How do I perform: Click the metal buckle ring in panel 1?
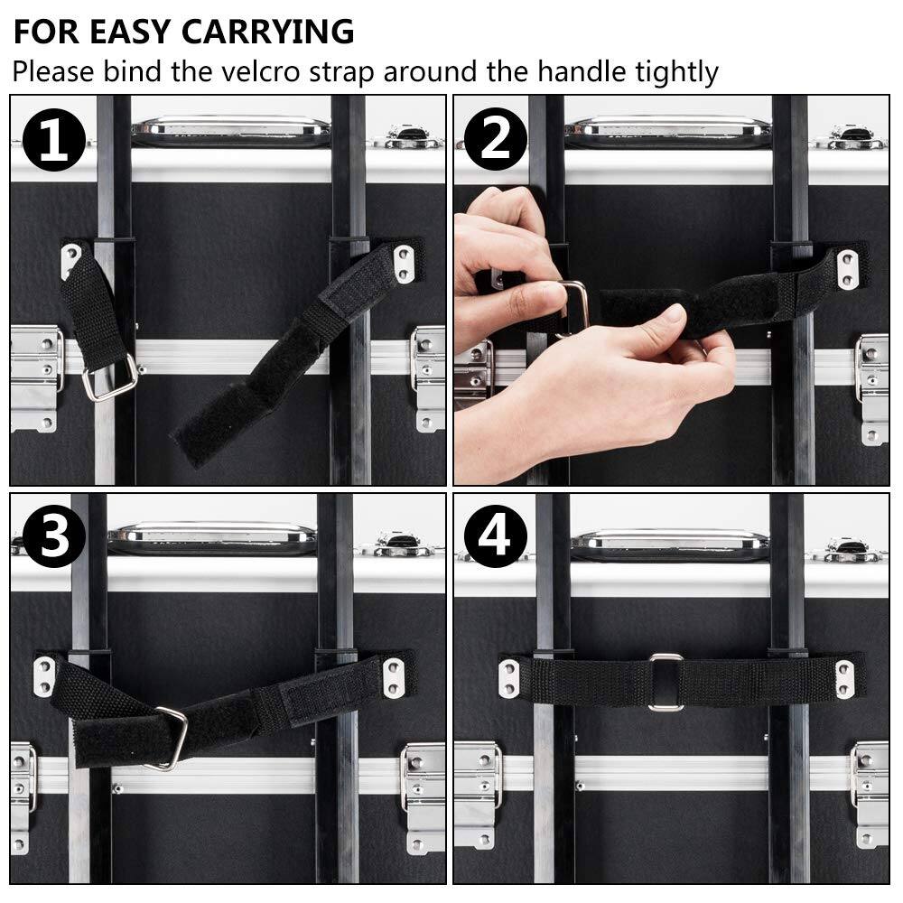pos(110,377)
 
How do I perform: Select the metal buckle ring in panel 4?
pos(666,682)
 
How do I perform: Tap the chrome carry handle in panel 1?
pos(231,130)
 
